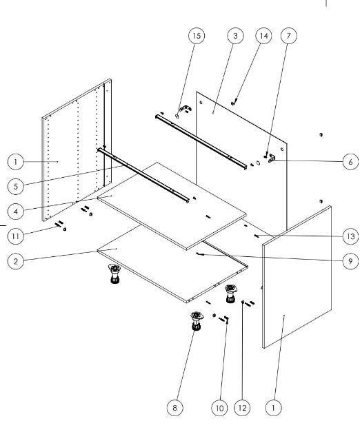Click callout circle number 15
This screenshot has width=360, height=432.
(x=197, y=36)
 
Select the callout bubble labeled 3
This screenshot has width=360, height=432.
(x=235, y=36)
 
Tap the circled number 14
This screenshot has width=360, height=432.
(x=263, y=36)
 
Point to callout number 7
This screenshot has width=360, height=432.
(x=289, y=36)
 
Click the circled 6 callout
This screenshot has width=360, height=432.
(x=350, y=162)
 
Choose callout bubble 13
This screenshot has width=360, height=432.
(x=350, y=236)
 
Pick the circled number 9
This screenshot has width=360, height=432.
(x=350, y=261)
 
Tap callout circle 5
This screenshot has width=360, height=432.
(x=16, y=187)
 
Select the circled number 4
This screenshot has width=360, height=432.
(x=16, y=212)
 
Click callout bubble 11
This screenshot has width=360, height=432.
(x=16, y=236)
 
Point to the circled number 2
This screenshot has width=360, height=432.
(x=16, y=261)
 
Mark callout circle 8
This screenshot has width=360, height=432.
(x=175, y=408)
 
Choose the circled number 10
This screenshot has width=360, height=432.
(x=219, y=408)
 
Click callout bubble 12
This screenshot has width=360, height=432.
(x=242, y=408)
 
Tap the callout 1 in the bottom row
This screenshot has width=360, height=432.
(x=273, y=408)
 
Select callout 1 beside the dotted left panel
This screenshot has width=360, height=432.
(x=16, y=162)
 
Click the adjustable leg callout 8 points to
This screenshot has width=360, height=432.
(x=197, y=321)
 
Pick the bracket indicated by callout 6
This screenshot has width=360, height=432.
(x=272, y=158)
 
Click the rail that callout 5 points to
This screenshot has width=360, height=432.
(x=143, y=176)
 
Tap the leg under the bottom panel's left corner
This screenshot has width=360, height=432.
(x=114, y=274)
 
